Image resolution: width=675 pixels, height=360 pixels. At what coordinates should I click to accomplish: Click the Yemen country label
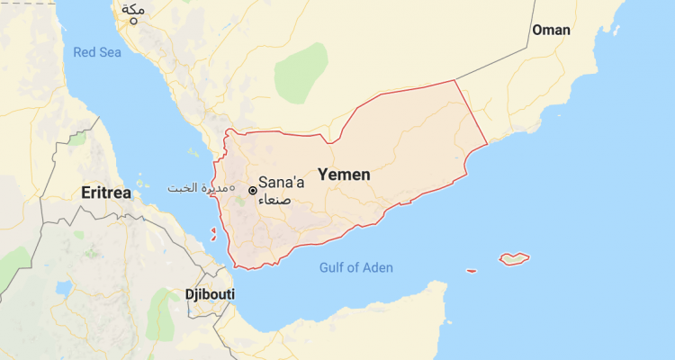344,174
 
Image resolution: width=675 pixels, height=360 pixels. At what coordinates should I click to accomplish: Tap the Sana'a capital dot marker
253,190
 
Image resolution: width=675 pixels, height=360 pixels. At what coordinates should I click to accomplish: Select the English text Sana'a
281,183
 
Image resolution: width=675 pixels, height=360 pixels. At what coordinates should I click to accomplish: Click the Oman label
551,30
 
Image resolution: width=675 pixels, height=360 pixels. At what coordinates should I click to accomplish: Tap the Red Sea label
97,52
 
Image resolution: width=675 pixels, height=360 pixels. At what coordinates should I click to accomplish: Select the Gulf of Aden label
356,267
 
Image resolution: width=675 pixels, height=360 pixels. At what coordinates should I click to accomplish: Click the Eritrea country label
106,193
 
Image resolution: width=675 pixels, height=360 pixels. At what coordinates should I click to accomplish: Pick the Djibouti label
209,294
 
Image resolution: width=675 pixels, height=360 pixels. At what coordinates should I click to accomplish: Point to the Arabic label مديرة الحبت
198,188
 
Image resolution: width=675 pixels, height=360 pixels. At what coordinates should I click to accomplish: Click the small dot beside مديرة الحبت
231,188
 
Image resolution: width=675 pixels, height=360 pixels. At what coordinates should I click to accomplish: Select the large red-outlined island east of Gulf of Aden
514,258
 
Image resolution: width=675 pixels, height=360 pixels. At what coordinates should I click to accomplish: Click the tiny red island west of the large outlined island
471,270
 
